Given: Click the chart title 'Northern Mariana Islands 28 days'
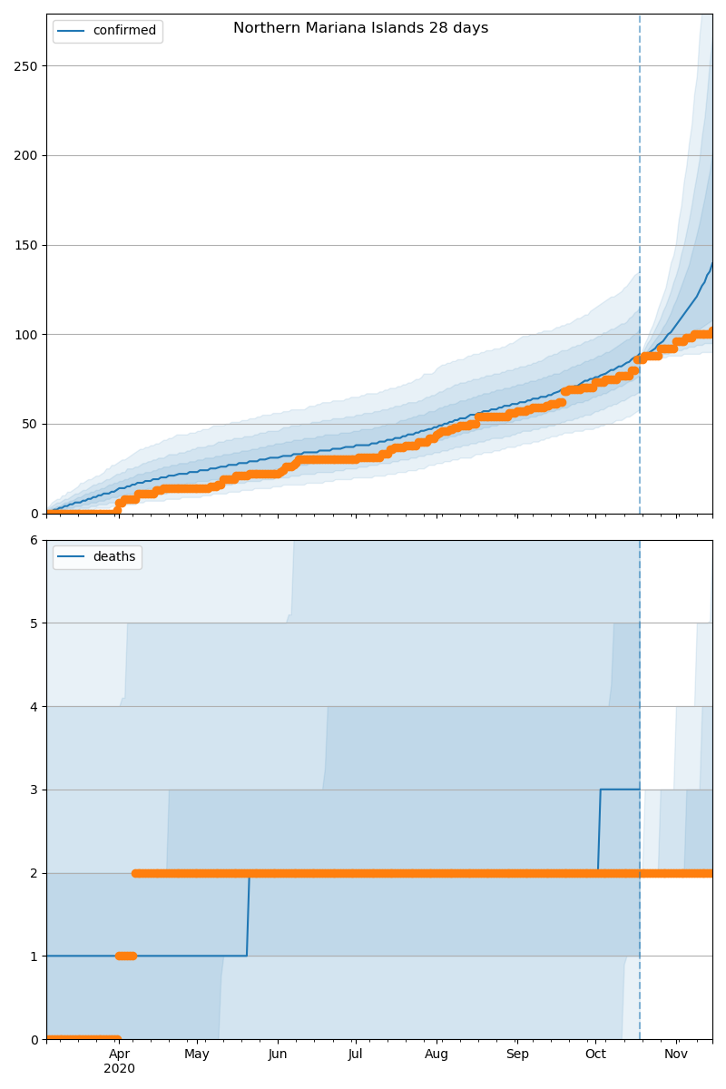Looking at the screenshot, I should (x=360, y=28).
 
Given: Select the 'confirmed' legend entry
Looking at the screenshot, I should (x=124, y=31).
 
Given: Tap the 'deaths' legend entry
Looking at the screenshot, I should (x=113, y=557).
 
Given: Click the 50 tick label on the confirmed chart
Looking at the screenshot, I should (x=32, y=424).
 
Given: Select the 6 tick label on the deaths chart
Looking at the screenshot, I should (x=34, y=540).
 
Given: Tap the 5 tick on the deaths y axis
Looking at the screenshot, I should (x=34, y=623).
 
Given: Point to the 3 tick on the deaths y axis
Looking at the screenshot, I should (x=34, y=790).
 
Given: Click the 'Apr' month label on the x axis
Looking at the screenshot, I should (x=119, y=1055).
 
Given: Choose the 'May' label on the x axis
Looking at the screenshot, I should (x=197, y=1055).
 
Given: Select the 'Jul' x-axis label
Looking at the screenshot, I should (x=355, y=1055).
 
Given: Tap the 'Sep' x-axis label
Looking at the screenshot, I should (x=516, y=1055).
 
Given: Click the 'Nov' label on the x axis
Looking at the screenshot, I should (x=676, y=1055).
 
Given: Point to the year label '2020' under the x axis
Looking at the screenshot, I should (x=119, y=1069).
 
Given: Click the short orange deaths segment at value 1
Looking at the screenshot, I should (x=126, y=956).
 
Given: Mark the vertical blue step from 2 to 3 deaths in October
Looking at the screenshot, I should (x=599, y=830).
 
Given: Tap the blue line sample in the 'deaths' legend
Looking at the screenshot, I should (x=73, y=557).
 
